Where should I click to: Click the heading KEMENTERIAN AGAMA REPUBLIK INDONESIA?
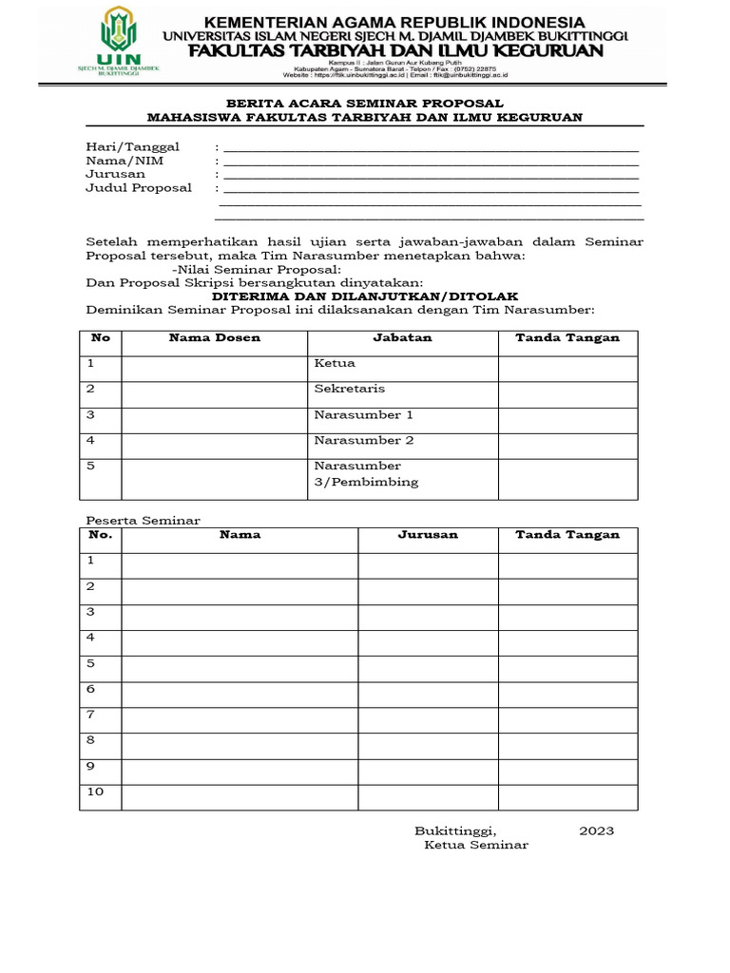coord(394,21)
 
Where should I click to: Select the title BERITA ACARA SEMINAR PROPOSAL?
coord(364,103)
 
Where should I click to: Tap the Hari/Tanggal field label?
coord(133,147)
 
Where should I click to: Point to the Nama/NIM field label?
coord(125,161)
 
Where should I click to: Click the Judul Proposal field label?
coord(139,187)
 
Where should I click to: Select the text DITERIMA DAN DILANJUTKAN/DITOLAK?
coord(364,296)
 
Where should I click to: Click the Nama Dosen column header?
coord(215,337)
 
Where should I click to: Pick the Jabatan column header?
coord(402,337)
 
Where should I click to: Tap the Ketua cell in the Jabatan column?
coord(335,363)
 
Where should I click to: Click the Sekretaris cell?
coord(350,389)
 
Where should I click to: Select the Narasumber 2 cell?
coord(364,440)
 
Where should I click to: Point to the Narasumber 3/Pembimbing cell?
coord(366,473)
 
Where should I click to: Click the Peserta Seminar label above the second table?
coord(144,520)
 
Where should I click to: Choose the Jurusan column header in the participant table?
coord(428,535)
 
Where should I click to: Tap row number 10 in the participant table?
coord(95,792)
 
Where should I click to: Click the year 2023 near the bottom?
coord(597,830)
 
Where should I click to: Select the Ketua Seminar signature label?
coord(476,845)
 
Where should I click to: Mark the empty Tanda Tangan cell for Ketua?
coord(567,369)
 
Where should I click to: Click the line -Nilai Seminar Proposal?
coord(250,269)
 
